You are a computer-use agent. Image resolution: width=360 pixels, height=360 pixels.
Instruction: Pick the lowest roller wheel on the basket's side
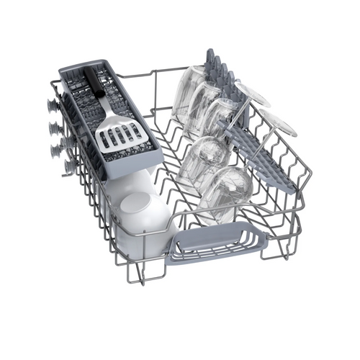[69, 166]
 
